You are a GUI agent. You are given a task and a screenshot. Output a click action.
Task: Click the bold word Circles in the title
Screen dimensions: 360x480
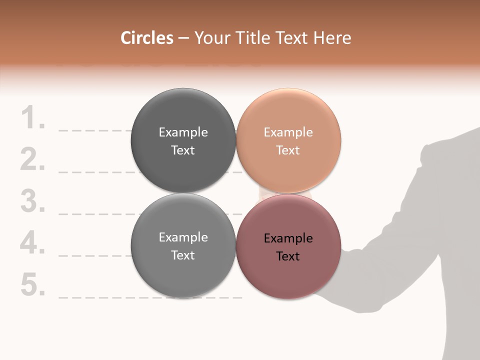tap(147, 38)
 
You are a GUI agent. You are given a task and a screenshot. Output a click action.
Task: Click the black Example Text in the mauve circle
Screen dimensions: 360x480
tap(288, 247)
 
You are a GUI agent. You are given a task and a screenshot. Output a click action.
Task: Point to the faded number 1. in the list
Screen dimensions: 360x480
tap(33, 118)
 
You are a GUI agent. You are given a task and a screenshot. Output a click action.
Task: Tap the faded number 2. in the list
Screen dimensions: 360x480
tap(33, 160)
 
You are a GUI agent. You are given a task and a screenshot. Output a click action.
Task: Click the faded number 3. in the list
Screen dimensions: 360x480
tap(33, 201)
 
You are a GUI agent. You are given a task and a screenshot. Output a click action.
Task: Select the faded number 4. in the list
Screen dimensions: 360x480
tap(33, 243)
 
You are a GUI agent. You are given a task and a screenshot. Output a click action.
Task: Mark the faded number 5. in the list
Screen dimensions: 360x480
tap(33, 285)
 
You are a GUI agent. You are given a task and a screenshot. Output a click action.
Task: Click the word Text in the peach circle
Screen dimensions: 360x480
tap(288, 150)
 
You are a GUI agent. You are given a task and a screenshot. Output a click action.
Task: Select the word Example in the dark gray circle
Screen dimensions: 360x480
tap(183, 132)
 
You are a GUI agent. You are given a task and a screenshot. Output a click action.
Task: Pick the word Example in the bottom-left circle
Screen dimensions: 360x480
tap(183, 237)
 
